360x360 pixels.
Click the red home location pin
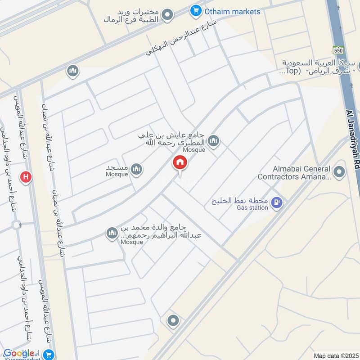(180, 163)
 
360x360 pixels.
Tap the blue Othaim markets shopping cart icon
(195, 10)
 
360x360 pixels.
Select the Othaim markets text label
(232, 12)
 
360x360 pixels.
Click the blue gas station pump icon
(277, 203)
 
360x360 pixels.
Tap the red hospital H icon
(27, 177)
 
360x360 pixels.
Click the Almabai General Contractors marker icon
(339, 171)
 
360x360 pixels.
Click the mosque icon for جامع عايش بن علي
(214, 141)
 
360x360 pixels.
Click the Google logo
(18, 353)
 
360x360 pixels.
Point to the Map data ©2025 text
(335, 355)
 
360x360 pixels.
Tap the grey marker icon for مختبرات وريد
(168, 15)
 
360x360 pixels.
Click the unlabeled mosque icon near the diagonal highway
(73, 71)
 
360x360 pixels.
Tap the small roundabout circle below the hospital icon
(17, 225)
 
